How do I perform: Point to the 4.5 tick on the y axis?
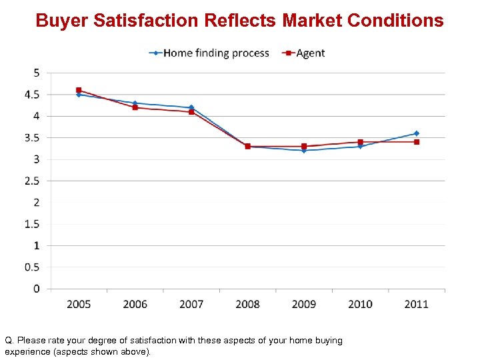click(32, 95)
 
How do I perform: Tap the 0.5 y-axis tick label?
click(32, 267)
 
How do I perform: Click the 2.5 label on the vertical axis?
click(32, 181)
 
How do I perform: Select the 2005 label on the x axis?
click(79, 304)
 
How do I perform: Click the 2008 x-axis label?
click(248, 304)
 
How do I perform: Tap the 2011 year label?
click(417, 304)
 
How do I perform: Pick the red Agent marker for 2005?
click(79, 90)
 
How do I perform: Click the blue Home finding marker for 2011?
click(417, 133)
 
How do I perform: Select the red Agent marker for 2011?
click(417, 142)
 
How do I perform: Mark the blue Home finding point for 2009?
click(304, 151)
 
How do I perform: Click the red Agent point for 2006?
click(135, 107)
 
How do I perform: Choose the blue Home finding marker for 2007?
click(191, 107)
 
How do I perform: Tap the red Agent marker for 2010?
click(361, 142)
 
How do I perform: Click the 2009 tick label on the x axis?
click(304, 304)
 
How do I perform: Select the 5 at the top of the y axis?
click(36, 73)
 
